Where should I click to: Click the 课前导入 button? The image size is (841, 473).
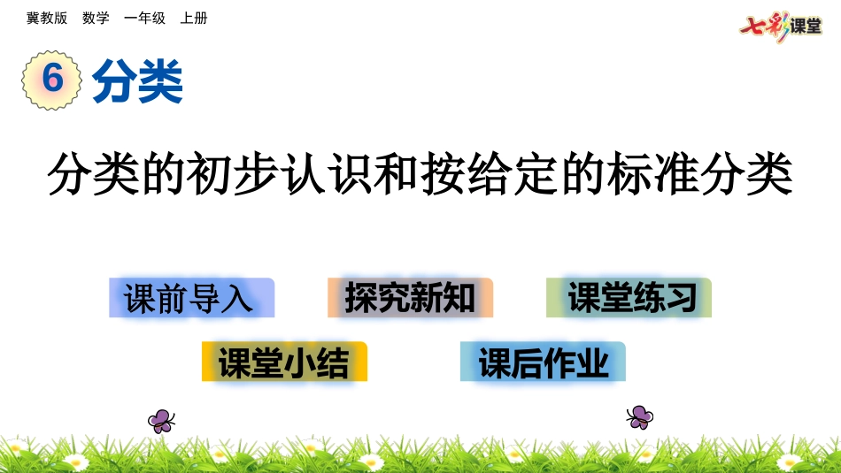[191, 298]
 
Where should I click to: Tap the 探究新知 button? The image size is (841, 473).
[410, 298]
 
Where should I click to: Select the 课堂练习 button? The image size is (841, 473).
[629, 298]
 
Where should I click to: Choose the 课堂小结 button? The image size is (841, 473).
[284, 362]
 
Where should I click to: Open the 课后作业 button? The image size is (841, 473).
[543, 362]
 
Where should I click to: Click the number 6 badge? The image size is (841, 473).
[52, 79]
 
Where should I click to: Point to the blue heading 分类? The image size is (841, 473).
[137, 81]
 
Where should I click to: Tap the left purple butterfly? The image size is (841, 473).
[161, 420]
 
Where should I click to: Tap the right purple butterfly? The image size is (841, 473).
[639, 416]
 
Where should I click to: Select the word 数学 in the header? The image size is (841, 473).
[96, 18]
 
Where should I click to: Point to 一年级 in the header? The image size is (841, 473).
[144, 18]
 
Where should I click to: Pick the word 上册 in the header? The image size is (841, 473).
[194, 18]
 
